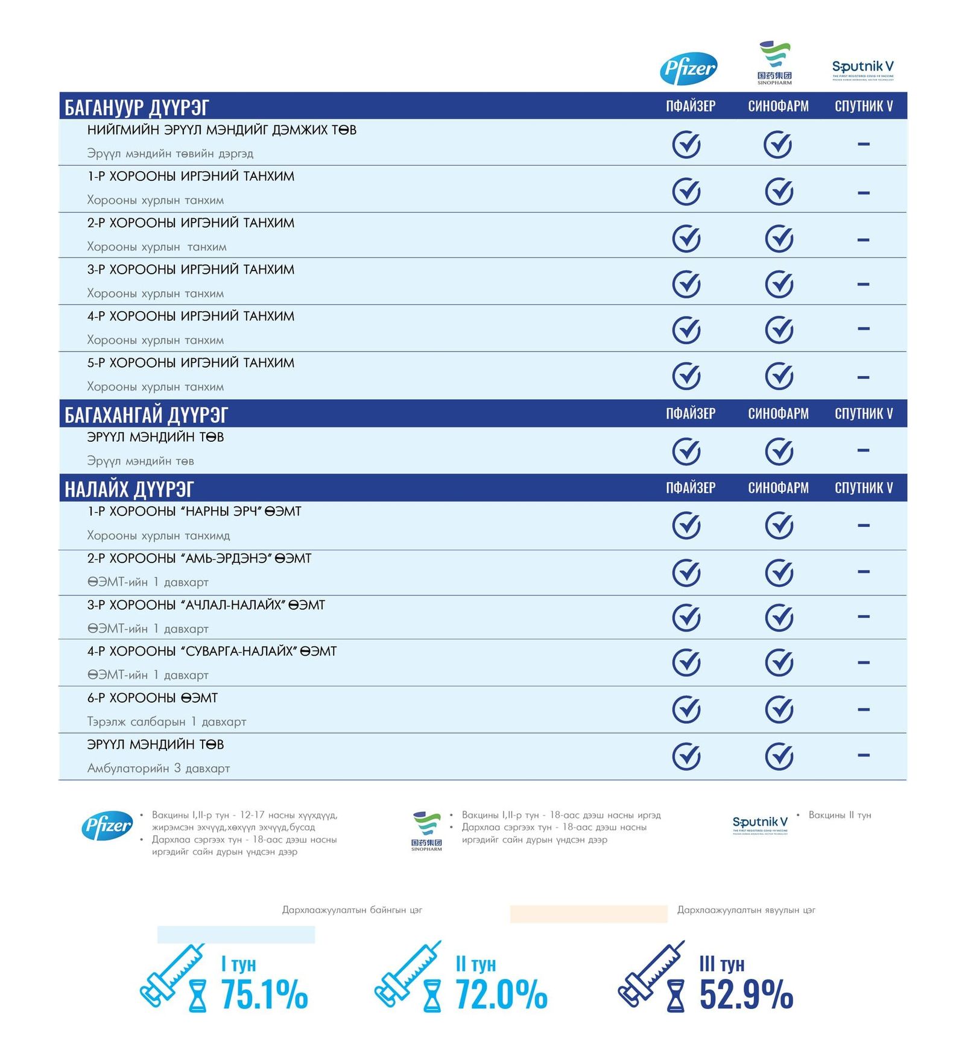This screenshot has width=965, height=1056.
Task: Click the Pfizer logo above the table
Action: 689,69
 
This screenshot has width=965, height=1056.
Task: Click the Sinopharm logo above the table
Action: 774,63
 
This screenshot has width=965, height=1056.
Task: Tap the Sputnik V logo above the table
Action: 862,69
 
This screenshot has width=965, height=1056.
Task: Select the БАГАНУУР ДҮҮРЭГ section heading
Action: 137,107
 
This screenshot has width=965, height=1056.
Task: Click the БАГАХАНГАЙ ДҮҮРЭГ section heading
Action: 147,415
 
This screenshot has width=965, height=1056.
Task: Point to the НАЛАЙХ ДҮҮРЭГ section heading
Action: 129,489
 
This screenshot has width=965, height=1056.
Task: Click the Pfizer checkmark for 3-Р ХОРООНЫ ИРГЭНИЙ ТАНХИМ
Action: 686,284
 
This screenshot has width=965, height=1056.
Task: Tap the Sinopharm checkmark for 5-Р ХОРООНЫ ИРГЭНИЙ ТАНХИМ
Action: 779,376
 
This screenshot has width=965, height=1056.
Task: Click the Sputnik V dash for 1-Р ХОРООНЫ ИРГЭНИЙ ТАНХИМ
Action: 863,193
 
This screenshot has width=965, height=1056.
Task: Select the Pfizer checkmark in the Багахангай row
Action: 686,451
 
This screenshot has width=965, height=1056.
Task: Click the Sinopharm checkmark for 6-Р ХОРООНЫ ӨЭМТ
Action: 779,709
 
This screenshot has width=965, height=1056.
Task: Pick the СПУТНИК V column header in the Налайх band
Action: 863,488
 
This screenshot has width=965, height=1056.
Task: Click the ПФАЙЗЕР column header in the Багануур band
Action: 691,106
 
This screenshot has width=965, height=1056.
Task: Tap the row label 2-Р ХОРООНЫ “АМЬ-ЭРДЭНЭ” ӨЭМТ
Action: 199,558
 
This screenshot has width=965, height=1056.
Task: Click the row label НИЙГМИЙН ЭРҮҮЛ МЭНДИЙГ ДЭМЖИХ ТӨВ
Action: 221,130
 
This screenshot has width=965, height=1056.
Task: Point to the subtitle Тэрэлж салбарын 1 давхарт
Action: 166,721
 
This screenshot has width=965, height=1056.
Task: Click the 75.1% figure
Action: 264,994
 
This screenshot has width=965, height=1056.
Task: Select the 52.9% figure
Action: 746,994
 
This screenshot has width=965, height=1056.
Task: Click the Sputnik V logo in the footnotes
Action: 759,824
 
